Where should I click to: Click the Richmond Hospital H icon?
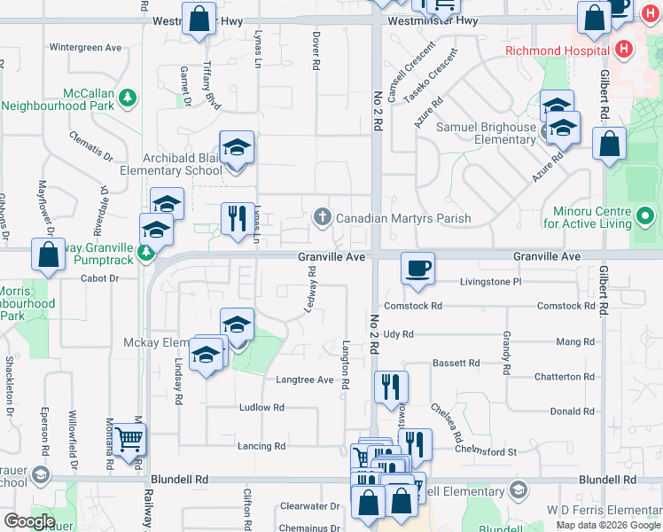point(625,50)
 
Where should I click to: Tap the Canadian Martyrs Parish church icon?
point(323,217)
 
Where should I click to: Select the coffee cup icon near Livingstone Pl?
point(417,268)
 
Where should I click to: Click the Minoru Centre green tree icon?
point(645,215)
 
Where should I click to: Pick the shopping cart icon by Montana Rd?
point(130,439)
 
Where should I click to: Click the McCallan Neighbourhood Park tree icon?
point(128,96)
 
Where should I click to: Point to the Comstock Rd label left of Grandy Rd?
point(414,306)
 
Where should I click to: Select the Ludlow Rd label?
point(261,408)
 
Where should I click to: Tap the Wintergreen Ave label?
point(85,47)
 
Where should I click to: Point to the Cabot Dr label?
point(100,278)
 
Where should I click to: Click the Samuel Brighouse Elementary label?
point(486,134)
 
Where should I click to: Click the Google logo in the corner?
point(29,521)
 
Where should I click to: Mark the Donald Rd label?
point(572,411)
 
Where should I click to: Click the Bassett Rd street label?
point(456,363)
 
